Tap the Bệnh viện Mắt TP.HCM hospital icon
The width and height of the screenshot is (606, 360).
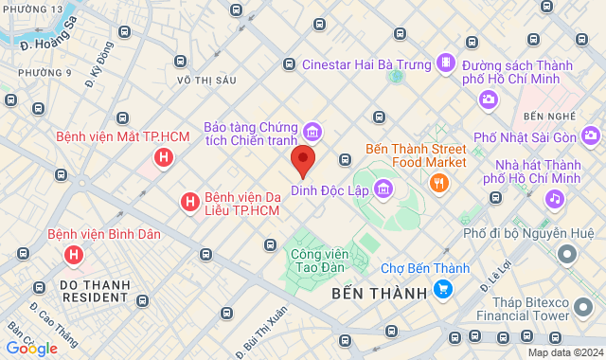pyautogui.click(x=165, y=158)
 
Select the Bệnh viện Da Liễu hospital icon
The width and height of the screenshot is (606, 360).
pyautogui.click(x=189, y=202)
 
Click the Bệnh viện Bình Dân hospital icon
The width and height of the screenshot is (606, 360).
pyautogui.click(x=73, y=255)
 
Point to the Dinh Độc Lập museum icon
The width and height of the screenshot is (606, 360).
pyautogui.click(x=383, y=189)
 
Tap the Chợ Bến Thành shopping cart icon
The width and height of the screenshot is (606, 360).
pyautogui.click(x=442, y=289)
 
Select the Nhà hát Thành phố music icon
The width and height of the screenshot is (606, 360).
pyautogui.click(x=554, y=199)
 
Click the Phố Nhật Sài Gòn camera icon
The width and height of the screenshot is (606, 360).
pyautogui.click(x=589, y=138)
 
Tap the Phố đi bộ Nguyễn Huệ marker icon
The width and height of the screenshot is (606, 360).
pyautogui.click(x=567, y=254)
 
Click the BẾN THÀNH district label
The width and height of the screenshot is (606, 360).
pyautogui.click(x=380, y=294)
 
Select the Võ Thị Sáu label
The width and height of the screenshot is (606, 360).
pyautogui.click(x=205, y=81)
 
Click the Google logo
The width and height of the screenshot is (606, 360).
pyautogui.click(x=31, y=349)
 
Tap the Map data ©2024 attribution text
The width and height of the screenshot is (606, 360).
pyautogui.click(x=564, y=352)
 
